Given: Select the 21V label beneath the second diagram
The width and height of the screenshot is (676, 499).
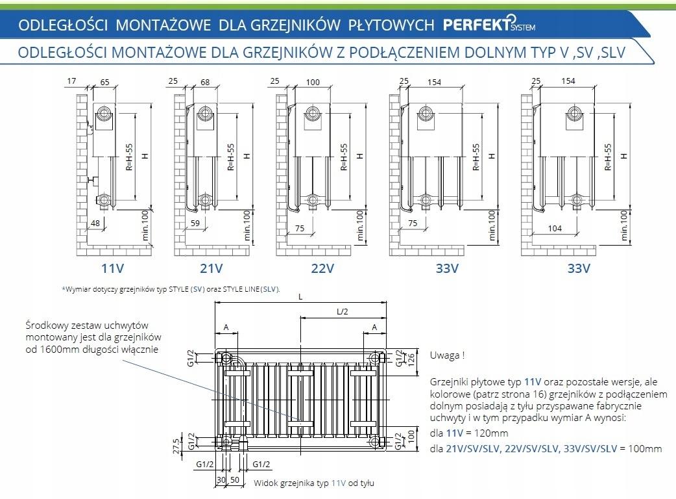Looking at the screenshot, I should point(211,268).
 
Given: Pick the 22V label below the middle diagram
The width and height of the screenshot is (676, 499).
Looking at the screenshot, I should point(322,268).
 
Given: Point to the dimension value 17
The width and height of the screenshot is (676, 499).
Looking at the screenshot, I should point(71,81).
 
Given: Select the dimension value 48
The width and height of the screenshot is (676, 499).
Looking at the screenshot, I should point(95,224).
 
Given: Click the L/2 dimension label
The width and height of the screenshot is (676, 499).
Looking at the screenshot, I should point(343,311).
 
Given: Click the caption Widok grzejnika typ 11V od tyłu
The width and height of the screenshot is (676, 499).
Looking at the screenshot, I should point(314,483).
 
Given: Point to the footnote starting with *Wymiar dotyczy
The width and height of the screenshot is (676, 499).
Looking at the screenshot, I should point(171,289).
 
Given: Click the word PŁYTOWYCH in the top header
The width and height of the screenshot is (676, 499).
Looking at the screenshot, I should point(391,25).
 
